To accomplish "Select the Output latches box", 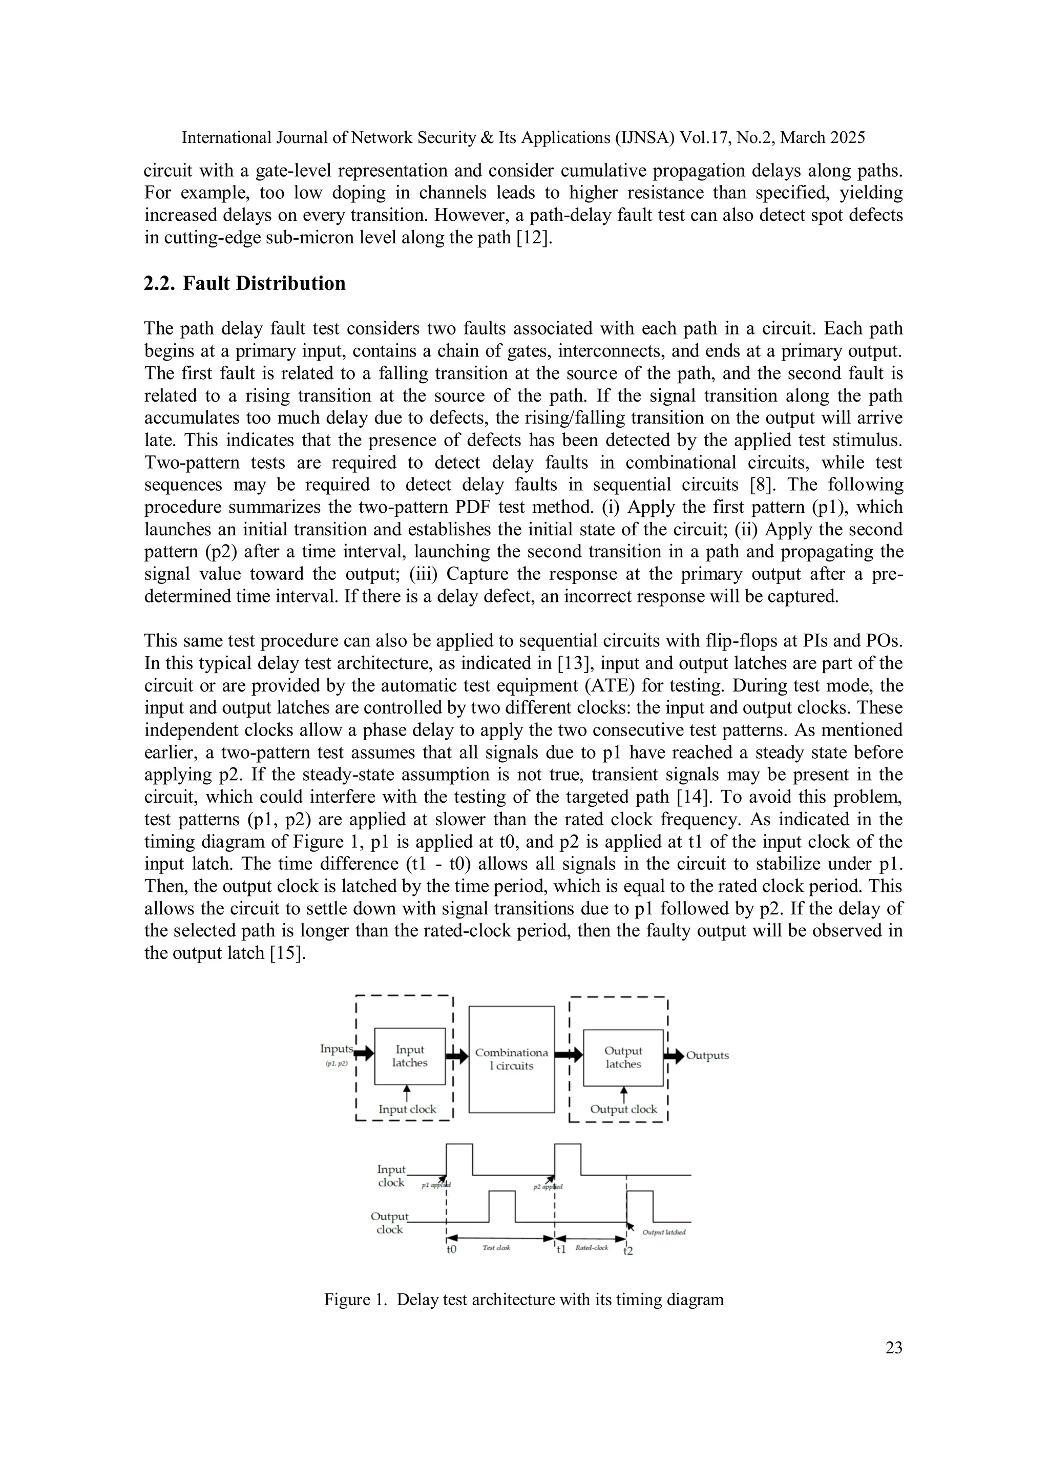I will [x=623, y=1057].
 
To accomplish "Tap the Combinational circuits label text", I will [x=511, y=1059].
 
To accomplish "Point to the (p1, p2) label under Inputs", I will [x=336, y=1063].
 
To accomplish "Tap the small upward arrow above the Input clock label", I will [x=407, y=1094].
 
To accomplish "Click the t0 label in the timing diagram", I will [x=451, y=1249].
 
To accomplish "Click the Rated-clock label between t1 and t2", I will [x=592, y=1247].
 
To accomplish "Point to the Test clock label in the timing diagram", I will [x=496, y=1247].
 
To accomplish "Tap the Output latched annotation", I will [x=664, y=1232].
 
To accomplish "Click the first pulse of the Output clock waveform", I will [x=502, y=1206].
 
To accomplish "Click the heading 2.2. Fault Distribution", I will [x=244, y=283].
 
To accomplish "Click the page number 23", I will [x=893, y=1347].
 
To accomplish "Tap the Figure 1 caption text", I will [x=523, y=1299].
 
